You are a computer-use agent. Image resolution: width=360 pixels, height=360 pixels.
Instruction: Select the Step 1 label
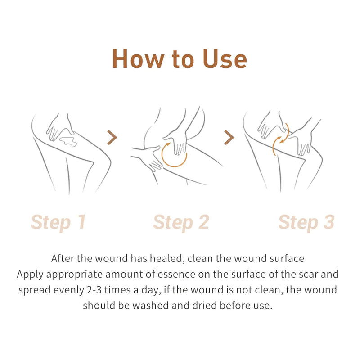[x=58, y=222]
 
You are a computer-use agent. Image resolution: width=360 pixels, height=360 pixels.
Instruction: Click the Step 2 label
[x=181, y=222]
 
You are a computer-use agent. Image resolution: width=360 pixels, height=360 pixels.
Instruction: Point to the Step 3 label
[x=306, y=222]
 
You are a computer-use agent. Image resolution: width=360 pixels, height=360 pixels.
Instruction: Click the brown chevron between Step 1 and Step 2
[x=112, y=137]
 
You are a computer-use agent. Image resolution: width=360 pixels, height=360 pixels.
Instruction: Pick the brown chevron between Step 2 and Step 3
[x=229, y=137]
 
